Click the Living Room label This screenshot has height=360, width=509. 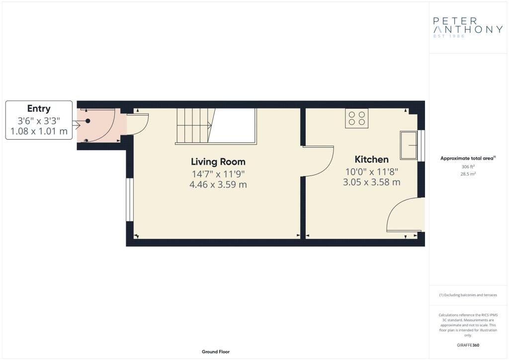[218, 162]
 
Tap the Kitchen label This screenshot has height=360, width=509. [371, 160]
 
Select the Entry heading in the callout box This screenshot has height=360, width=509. [39, 109]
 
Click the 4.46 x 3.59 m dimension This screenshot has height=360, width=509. [218, 184]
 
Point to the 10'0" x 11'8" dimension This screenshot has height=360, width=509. [371, 172]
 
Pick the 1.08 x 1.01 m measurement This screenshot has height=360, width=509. [39, 131]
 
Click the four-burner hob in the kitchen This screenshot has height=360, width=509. [356, 118]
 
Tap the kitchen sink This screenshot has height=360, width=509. [409, 145]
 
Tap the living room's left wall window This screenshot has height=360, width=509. [130, 199]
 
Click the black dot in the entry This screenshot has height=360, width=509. [87, 121]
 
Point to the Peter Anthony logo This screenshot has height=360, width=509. [468, 27]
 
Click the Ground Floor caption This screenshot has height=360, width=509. [216, 352]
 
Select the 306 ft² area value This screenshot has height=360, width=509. [468, 167]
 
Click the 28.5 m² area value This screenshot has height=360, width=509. [468, 174]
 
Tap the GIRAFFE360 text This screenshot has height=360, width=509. [468, 345]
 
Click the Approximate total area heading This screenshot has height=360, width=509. [468, 159]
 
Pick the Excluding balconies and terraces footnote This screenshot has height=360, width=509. [468, 295]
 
